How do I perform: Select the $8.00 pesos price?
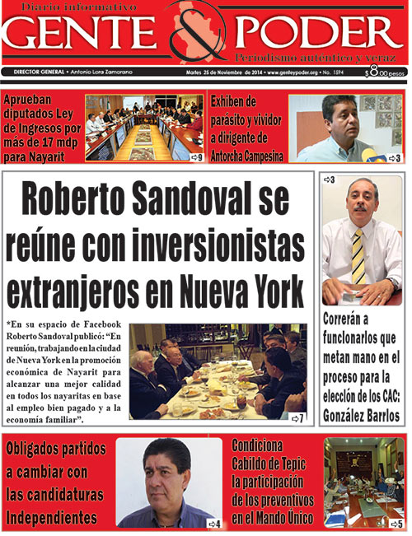click(x=386, y=73)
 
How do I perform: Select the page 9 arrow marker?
click(x=195, y=156)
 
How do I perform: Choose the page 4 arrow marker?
click(x=214, y=523)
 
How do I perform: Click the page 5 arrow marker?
click(x=396, y=523)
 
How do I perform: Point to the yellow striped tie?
click(x=358, y=256)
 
